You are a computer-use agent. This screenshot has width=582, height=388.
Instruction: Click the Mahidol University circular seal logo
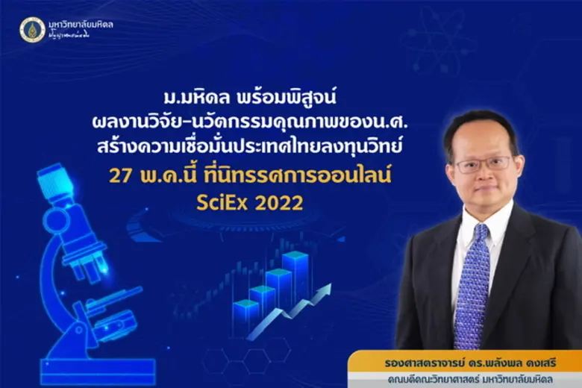point(32,29)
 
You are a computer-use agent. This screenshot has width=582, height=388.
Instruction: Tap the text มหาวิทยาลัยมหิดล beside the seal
point(81,25)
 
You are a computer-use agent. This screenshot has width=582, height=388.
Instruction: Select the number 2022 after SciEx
point(277,204)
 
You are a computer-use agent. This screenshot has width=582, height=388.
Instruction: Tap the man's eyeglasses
point(483,163)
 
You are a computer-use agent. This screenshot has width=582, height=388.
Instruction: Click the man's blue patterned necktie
point(473,275)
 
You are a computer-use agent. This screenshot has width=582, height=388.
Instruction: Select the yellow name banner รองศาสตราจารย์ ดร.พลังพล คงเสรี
point(463,360)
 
